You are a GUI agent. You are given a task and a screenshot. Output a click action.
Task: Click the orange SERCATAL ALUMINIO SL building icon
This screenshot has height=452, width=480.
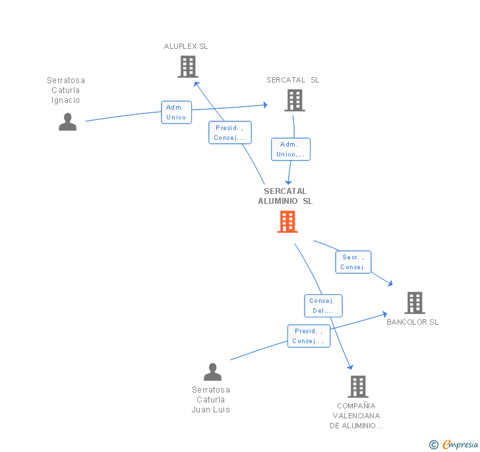(x=287, y=222)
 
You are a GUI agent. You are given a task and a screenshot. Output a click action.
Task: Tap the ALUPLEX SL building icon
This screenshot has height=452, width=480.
(x=188, y=67)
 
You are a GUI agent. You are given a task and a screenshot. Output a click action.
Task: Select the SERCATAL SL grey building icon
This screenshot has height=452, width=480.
(x=295, y=100)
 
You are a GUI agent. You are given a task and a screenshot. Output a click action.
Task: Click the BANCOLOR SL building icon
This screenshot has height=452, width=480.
(x=415, y=303)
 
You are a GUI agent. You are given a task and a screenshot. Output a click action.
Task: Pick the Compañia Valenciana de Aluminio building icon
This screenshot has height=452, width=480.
(x=358, y=387)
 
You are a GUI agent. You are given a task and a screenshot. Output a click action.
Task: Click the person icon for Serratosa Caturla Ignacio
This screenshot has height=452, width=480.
(x=68, y=122)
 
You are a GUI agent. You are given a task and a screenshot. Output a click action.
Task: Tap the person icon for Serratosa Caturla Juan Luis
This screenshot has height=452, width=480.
(x=212, y=372)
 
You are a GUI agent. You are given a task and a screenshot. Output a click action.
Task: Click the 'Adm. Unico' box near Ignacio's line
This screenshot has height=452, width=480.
(x=176, y=112)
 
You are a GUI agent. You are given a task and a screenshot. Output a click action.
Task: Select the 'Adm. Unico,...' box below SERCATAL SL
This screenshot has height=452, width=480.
(x=291, y=149)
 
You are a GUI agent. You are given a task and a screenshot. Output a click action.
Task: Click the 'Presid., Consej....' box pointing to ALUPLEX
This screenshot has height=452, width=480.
(x=230, y=133)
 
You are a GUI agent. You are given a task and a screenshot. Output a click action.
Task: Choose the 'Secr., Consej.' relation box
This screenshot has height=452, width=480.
(x=353, y=262)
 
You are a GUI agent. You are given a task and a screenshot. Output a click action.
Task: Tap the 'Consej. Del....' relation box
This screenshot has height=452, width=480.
(x=323, y=306)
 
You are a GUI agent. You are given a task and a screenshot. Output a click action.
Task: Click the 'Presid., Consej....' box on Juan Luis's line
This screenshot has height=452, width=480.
(x=309, y=336)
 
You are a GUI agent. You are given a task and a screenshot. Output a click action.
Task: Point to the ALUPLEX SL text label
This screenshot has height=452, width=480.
(x=186, y=46)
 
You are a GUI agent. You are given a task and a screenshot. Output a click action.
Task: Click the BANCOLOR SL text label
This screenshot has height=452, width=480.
(x=412, y=322)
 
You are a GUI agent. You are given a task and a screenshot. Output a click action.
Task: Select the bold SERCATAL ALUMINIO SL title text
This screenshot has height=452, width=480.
(x=285, y=196)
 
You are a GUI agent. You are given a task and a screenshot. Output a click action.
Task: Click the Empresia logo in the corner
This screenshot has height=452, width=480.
(x=460, y=444)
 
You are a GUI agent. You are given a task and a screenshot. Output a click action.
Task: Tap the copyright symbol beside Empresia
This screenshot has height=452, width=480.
(x=433, y=444)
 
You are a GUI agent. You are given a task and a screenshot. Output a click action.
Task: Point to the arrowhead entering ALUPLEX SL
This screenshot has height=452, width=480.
(x=196, y=84)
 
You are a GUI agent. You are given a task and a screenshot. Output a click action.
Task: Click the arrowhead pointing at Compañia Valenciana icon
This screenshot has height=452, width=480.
(x=351, y=366)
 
